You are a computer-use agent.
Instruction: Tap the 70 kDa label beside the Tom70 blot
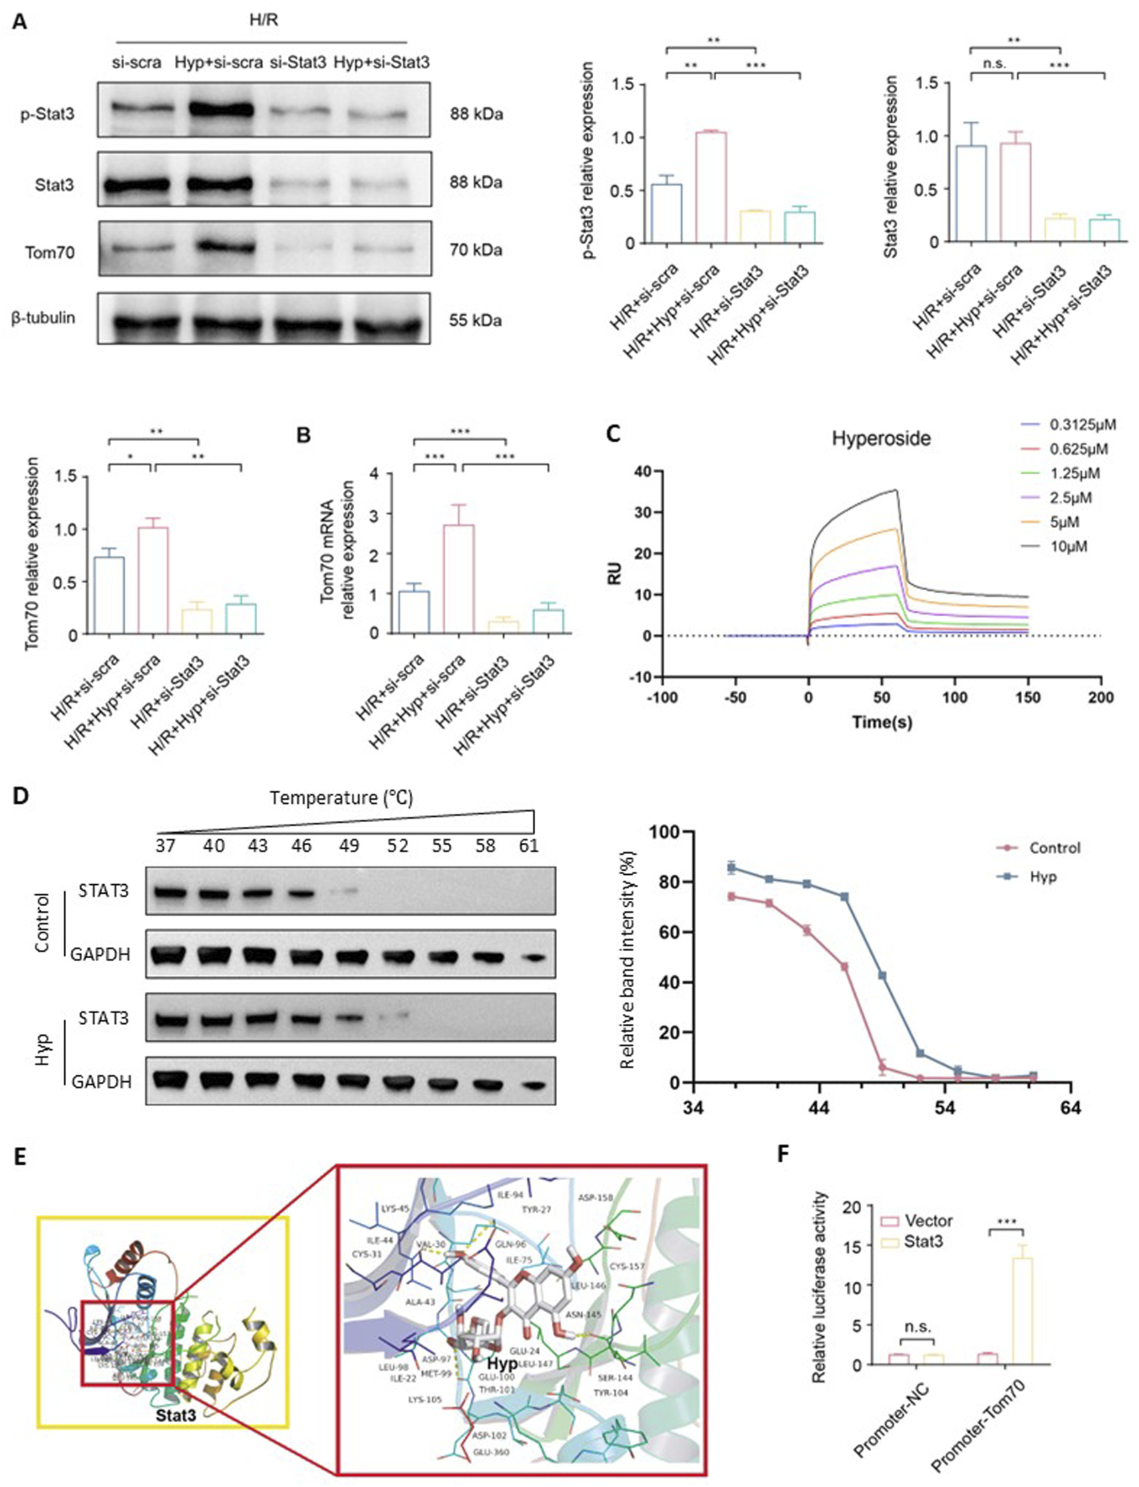pos(475,251)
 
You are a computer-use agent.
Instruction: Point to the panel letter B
pos(303,434)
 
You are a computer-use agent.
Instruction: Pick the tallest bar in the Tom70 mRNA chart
pos(459,579)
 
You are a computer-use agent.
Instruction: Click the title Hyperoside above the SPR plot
pos(880,438)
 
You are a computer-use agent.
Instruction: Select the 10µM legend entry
pos(1068,546)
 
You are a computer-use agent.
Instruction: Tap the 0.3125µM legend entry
pos(1082,425)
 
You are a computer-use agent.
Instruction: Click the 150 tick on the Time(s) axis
pos(1028,698)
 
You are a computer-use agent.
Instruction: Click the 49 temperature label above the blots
pos(350,845)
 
